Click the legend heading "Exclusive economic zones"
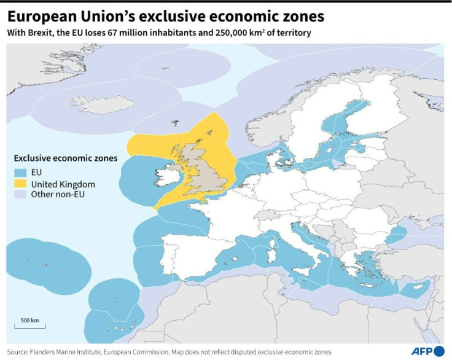(66, 158)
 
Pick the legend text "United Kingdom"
(63, 183)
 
